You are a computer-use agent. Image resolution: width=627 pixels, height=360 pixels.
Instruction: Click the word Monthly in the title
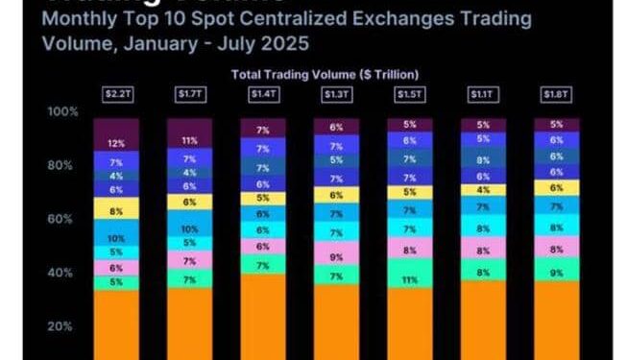80,19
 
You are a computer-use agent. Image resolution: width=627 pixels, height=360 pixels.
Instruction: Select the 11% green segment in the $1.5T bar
410,281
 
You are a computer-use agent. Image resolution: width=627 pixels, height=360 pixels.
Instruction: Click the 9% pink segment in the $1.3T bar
337,256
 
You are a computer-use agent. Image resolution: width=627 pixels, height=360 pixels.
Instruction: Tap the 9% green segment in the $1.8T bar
557,273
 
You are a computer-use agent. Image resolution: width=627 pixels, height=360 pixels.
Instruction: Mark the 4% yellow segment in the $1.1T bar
484,190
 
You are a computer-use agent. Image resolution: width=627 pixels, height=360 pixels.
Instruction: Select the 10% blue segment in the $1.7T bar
190,228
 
